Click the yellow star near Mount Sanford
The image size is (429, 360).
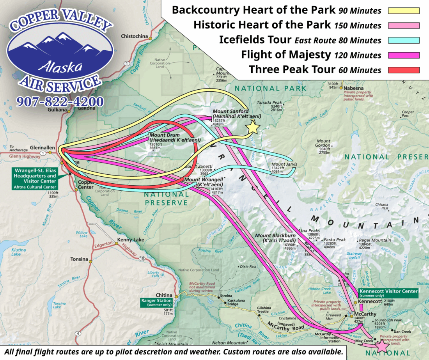253,127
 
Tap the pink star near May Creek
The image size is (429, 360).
381,346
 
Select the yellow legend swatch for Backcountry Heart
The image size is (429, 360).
403,11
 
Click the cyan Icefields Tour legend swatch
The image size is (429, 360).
403,40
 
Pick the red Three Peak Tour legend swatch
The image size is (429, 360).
403,70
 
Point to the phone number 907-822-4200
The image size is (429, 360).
60,102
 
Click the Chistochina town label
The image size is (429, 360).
135,37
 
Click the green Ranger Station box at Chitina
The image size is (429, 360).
157,303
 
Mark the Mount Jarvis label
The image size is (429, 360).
284,164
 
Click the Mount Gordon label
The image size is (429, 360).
323,141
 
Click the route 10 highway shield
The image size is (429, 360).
142,259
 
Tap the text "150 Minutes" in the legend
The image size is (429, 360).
358,26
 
